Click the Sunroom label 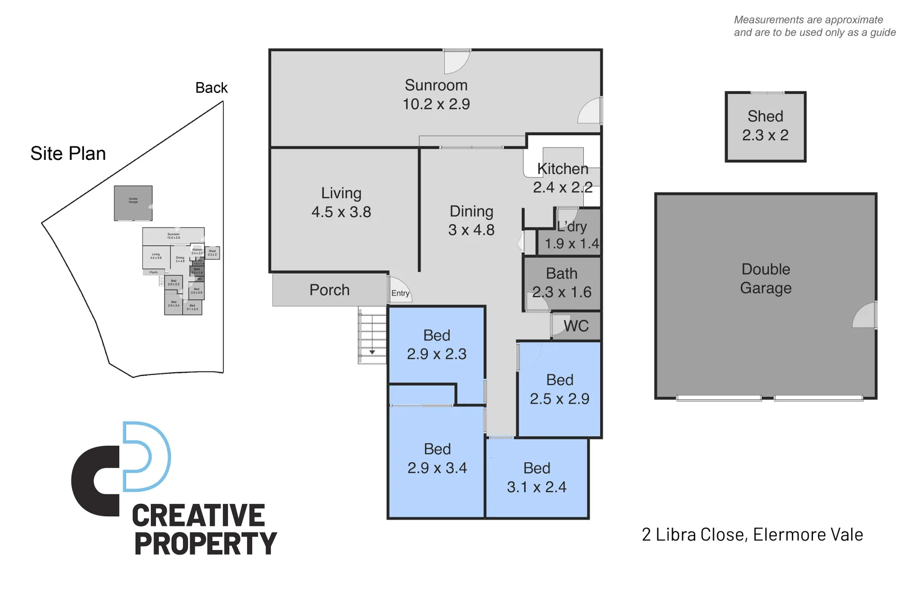click(x=436, y=86)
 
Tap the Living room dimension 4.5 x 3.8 click(x=341, y=212)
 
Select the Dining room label click(x=471, y=212)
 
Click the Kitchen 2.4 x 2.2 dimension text click(x=562, y=187)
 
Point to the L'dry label click(x=572, y=227)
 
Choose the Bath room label click(x=561, y=274)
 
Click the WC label click(x=576, y=327)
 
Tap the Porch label click(x=329, y=290)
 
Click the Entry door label click(x=400, y=293)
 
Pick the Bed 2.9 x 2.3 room click(x=437, y=345)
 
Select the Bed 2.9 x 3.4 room click(x=437, y=458)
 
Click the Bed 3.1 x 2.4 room click(x=537, y=477)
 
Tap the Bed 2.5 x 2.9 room click(x=560, y=389)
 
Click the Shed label click(x=765, y=117)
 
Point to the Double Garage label click(x=766, y=279)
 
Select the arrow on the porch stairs click(x=372, y=352)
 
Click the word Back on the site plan click(x=211, y=88)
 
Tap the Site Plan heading click(x=68, y=154)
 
